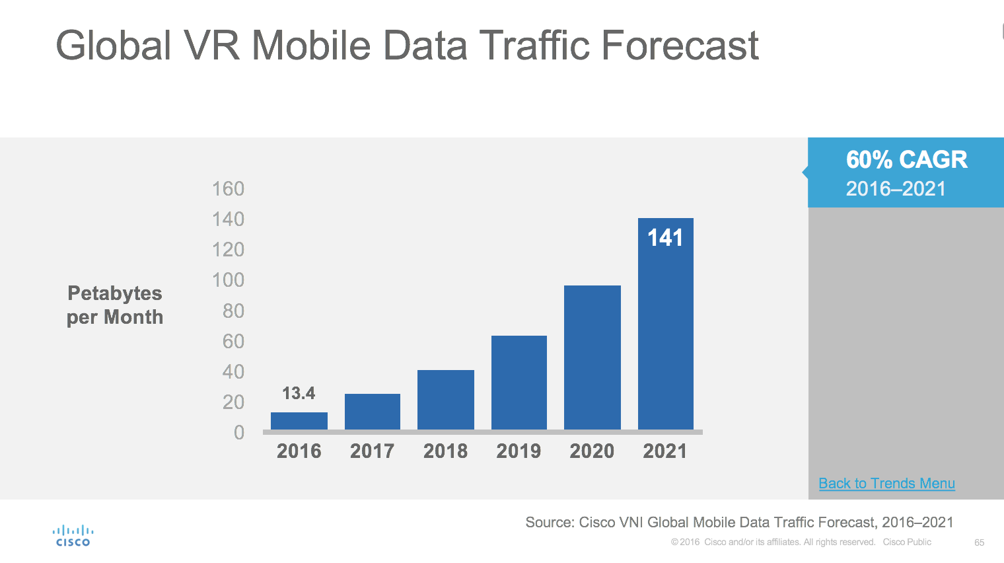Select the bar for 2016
[299, 421]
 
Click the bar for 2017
[373, 412]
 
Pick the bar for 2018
[446, 400]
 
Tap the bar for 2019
[519, 383]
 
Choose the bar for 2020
[592, 357]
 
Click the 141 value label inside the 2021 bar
[665, 238]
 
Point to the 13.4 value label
[299, 394]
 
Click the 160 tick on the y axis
[228, 189]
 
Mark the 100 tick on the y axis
[228, 280]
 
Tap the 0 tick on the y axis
[239, 433]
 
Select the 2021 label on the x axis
[665, 451]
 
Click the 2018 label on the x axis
[446, 451]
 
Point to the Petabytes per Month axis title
[115, 305]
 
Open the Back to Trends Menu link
[886, 484]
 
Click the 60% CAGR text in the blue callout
[906, 160]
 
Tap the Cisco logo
[73, 536]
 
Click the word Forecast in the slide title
[680, 46]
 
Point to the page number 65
[979, 543]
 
